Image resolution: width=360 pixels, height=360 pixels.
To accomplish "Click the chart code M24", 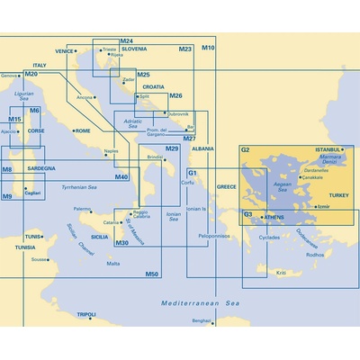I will pyautogui.click(x=126, y=41).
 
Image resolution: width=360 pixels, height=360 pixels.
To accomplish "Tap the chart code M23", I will pyautogui.click(x=185, y=48).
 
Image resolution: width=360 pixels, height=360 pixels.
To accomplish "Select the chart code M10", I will pyautogui.click(x=208, y=47).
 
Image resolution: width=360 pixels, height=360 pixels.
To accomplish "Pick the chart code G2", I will pyautogui.click(x=245, y=149).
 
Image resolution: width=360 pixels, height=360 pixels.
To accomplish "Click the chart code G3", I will pyautogui.click(x=247, y=214).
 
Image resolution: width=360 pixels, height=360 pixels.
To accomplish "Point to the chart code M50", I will pyautogui.click(x=152, y=274).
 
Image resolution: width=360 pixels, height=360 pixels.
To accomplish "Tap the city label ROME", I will pyautogui.click(x=83, y=130).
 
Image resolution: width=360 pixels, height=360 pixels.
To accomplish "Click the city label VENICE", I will pyautogui.click(x=64, y=51).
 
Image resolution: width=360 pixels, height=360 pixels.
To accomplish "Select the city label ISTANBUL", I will pyautogui.click(x=328, y=149).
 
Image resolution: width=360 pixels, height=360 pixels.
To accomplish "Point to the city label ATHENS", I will pyautogui.click(x=274, y=217).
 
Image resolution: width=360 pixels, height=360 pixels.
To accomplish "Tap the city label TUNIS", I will pyautogui.click(x=32, y=236).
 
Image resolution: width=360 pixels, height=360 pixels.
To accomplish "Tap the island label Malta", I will pyautogui.click(x=112, y=263).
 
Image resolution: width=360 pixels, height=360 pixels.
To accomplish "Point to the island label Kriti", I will pyautogui.click(x=281, y=272).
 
